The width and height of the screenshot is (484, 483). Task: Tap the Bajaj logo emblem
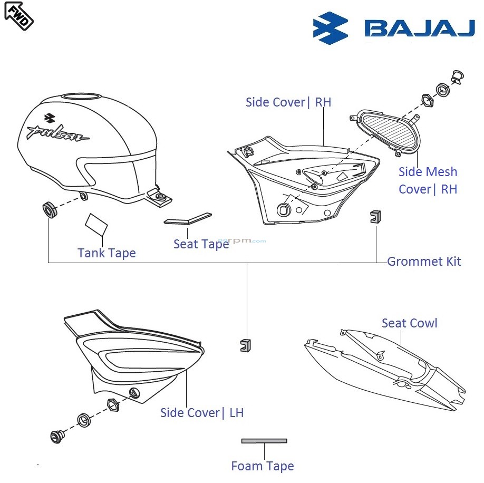coord(331,28)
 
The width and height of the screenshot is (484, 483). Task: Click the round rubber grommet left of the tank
coord(49,209)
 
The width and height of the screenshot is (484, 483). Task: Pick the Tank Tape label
coord(107,253)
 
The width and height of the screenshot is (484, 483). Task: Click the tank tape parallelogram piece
coord(96,224)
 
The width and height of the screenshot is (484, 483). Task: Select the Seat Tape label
coord(201,244)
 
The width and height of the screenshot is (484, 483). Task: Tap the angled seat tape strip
coord(187,219)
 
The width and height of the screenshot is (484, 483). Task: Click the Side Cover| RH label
coord(288,102)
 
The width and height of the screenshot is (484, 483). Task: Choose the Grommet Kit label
coord(424,262)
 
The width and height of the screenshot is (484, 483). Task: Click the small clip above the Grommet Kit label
coord(375,216)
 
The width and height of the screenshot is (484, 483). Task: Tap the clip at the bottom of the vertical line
coord(245,345)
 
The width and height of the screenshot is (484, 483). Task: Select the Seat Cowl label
coord(409,323)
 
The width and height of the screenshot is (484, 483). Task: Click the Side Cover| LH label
coord(202,413)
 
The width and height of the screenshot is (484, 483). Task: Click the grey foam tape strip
coord(264,441)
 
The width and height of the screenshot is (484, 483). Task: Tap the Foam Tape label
coord(262,466)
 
